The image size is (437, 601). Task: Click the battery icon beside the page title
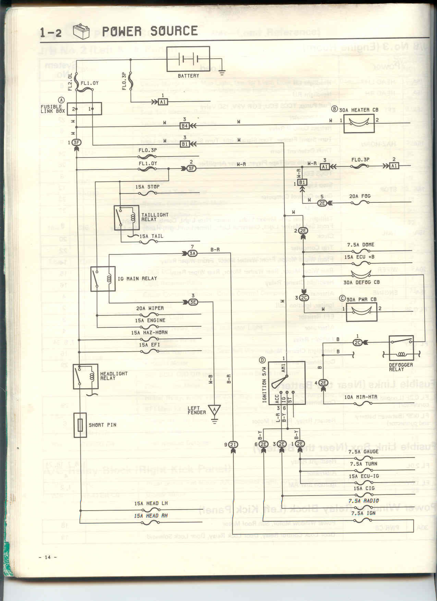click(x=81, y=31)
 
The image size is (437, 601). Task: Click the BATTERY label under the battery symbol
click(x=188, y=76)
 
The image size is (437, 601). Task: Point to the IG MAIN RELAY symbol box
click(x=103, y=279)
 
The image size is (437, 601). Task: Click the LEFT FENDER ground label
click(x=197, y=410)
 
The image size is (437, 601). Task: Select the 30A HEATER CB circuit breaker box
click(x=359, y=123)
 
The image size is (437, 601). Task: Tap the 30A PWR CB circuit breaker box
click(x=361, y=312)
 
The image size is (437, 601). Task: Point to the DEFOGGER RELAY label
click(x=401, y=367)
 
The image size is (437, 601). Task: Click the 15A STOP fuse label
click(x=147, y=187)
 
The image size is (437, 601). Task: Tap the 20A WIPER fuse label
click(x=150, y=308)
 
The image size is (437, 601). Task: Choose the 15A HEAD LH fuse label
click(x=151, y=503)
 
